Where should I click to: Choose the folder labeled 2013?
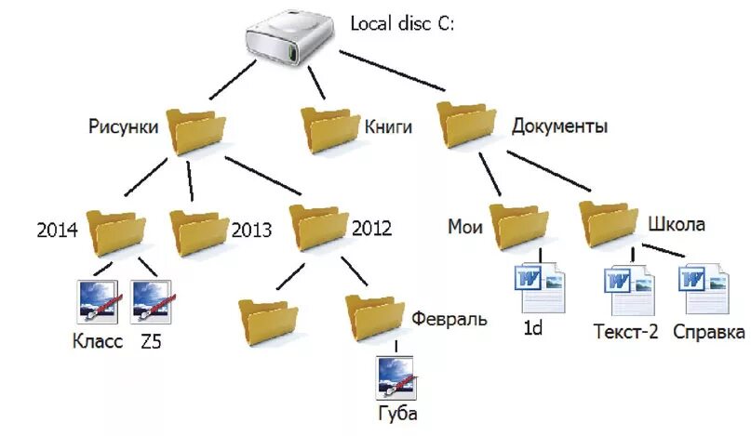pos(199,231)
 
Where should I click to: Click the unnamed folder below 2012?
pos(267,320)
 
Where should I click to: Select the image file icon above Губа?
pos(397,377)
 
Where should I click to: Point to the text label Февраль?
pos(449,319)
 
